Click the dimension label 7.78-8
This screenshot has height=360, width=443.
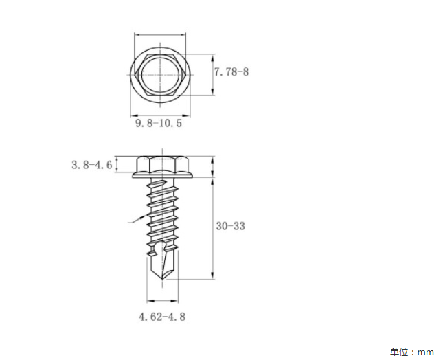(231, 71)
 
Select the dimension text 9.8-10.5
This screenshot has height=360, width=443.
(159, 123)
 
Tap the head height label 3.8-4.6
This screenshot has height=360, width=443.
(92, 165)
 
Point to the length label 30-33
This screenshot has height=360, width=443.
(231, 226)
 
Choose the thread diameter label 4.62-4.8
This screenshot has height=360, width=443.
(162, 317)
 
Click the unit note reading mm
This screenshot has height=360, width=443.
(425, 352)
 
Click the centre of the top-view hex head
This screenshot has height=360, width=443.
(160, 75)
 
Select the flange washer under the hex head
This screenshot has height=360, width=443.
(163, 175)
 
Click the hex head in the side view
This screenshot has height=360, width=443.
(163, 164)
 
